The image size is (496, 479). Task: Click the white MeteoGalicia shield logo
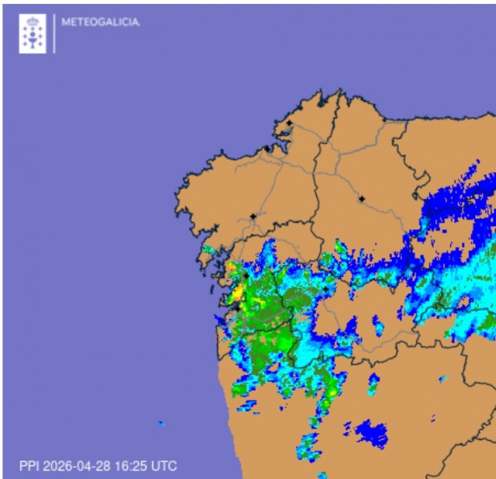click(x=33, y=33)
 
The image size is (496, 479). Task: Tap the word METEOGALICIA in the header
click(x=100, y=23)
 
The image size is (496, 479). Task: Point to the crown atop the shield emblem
click(x=33, y=21)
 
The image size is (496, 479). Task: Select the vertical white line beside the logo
click(x=54, y=33)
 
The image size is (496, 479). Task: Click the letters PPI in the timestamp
click(x=29, y=467)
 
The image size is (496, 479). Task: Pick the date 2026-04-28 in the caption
click(x=77, y=467)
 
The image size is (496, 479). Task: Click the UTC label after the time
click(x=164, y=467)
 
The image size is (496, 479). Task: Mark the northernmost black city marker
click(x=289, y=123)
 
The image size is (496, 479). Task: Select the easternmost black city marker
click(x=362, y=199)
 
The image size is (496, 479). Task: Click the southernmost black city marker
click(x=237, y=307)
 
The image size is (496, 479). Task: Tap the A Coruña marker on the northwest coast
click(x=267, y=148)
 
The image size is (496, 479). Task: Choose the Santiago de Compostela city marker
click(x=253, y=217)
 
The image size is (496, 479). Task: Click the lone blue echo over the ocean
click(x=161, y=423)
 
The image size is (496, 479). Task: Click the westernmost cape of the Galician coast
click(x=176, y=208)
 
